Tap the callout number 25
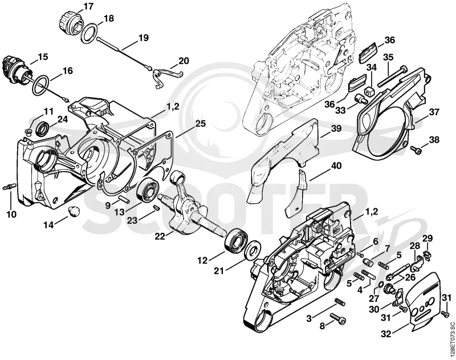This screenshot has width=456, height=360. click(x=200, y=124)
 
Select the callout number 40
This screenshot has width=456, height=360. click(x=336, y=166)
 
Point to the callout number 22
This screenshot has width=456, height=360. click(x=160, y=236)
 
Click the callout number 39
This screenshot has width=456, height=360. click(x=336, y=128)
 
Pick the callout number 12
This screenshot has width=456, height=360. click(x=202, y=261)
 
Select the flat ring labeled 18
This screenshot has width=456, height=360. click(x=88, y=34)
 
